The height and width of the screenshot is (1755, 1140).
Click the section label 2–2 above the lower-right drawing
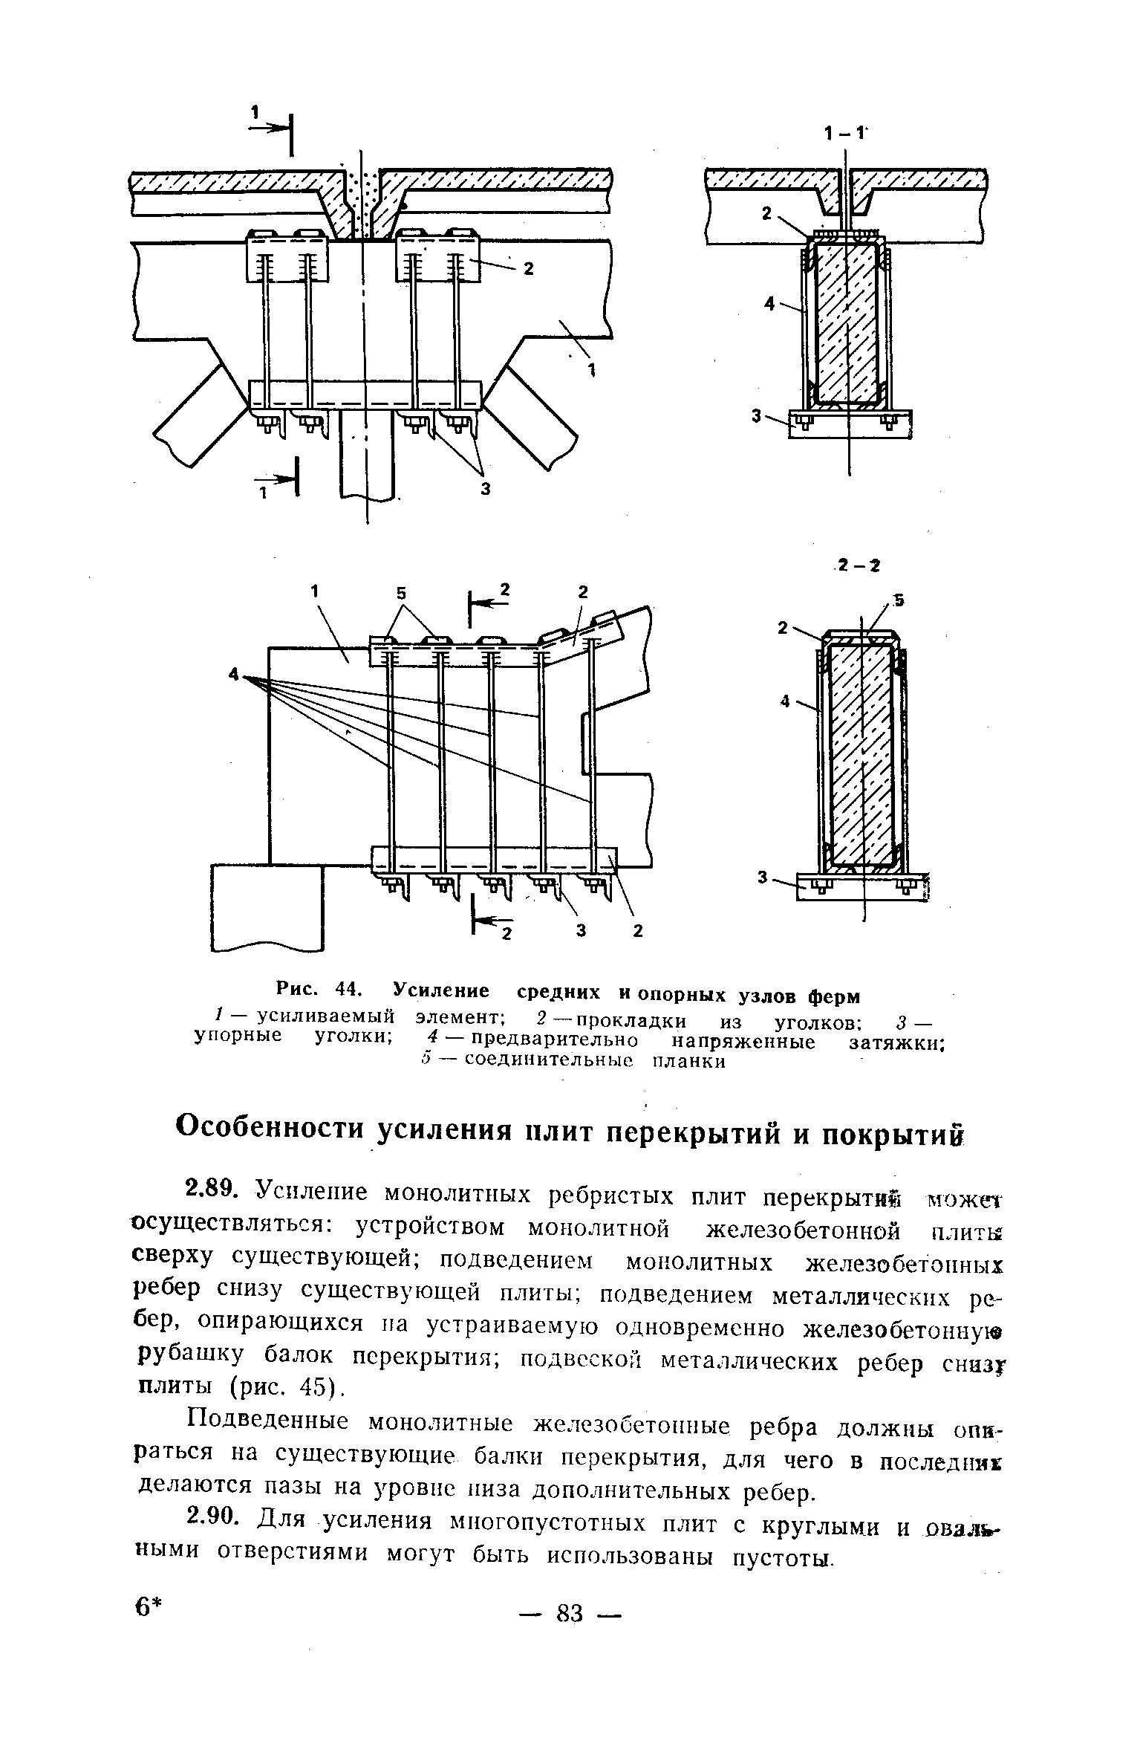pos(857,566)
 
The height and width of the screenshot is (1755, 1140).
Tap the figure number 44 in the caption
pos(348,990)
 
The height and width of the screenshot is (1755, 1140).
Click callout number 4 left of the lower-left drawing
pos(234,675)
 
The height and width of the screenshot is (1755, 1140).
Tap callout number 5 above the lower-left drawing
pos(402,593)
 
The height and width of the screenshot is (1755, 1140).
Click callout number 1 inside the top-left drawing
pos(592,372)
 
